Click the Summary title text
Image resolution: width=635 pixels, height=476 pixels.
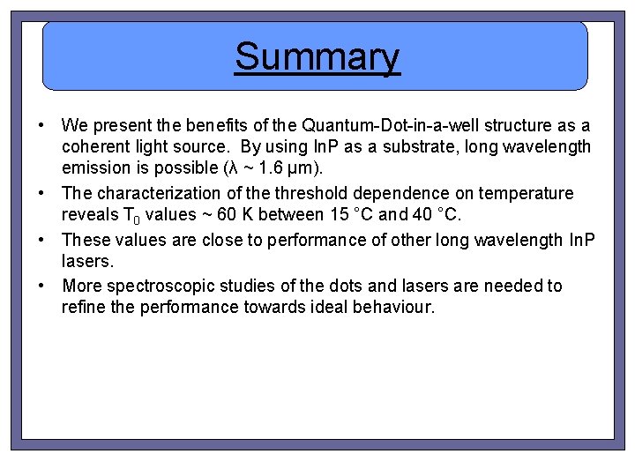coord(317,57)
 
